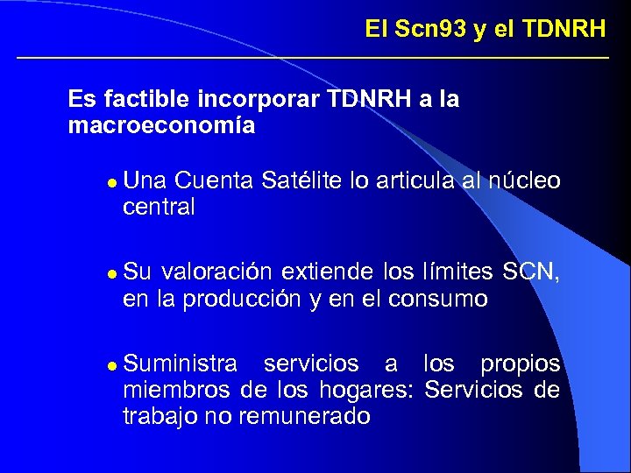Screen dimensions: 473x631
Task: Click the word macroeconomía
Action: click(x=161, y=126)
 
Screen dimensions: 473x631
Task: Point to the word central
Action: click(x=160, y=208)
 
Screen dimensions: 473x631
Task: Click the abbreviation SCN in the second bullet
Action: click(x=529, y=272)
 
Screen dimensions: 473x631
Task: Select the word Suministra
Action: click(x=181, y=363)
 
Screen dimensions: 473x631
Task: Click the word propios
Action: click(x=521, y=363)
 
